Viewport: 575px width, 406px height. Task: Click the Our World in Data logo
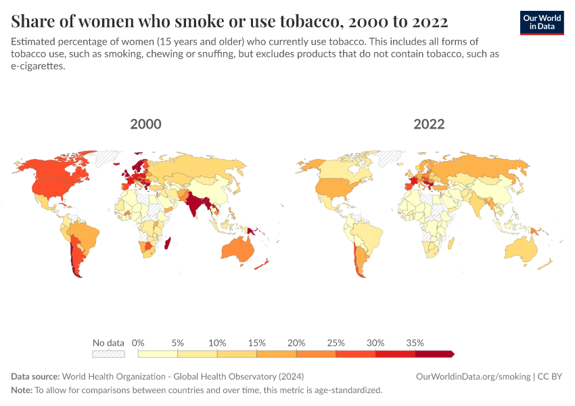click(542, 22)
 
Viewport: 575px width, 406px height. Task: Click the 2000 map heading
click(145, 125)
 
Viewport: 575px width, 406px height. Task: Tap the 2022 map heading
click(429, 125)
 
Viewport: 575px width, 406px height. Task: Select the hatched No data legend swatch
click(108, 353)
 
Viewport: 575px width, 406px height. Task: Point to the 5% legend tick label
click(178, 342)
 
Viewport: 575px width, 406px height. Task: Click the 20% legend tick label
click(296, 342)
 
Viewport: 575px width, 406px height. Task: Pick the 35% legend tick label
click(415, 342)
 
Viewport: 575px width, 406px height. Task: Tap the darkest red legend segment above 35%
click(434, 353)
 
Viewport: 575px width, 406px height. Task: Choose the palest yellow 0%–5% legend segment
click(158, 353)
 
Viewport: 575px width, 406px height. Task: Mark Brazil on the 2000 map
click(85, 233)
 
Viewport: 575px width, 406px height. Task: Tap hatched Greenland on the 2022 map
click(392, 158)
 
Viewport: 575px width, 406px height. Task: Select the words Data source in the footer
click(35, 376)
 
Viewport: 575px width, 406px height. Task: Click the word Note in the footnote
click(22, 390)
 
